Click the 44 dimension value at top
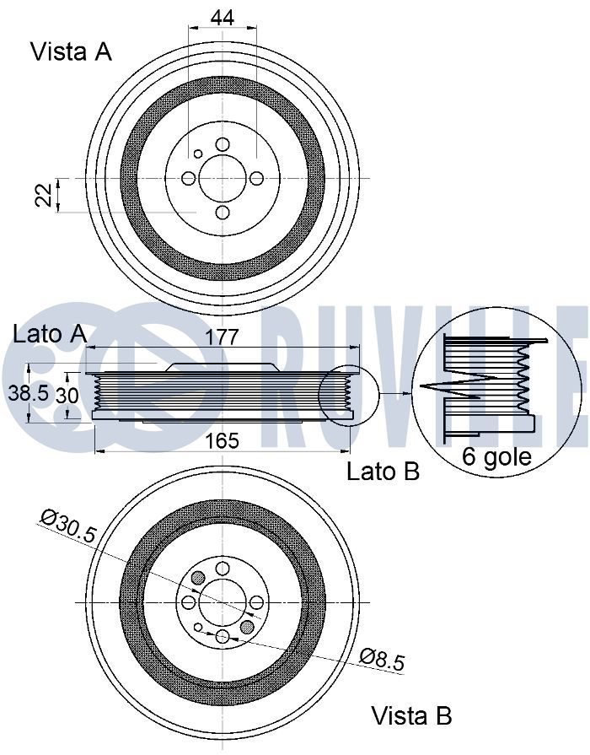[x=223, y=18]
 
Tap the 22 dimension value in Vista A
[x=45, y=195]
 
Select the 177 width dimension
[x=223, y=337]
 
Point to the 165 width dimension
[x=223, y=440]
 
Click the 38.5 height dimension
[x=29, y=393]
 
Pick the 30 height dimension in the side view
[x=67, y=396]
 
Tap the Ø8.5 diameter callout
[x=383, y=659]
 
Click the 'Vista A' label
[x=72, y=51]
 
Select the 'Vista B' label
[x=411, y=715]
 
